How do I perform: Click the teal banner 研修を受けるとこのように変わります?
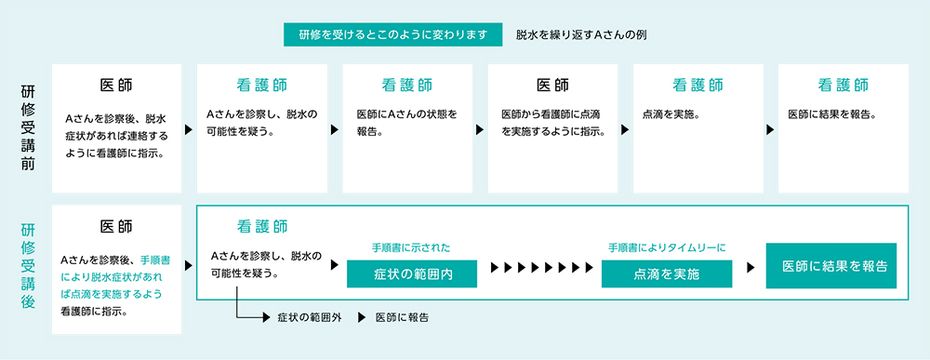393,34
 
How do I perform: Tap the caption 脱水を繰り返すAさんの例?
581,34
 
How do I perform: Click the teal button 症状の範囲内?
412,274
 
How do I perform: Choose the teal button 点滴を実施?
667,274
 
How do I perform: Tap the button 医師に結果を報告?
830,266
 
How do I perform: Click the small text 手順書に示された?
411,247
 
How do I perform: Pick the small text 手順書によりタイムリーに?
667,247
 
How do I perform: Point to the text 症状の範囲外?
310,318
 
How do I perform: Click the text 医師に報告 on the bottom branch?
402,318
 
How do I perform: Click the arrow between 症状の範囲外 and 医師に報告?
358,318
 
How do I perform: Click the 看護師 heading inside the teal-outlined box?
261,226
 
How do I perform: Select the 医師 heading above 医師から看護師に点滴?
552,86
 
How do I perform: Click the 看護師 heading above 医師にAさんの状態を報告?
407,86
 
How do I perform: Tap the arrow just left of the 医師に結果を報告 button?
749,267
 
